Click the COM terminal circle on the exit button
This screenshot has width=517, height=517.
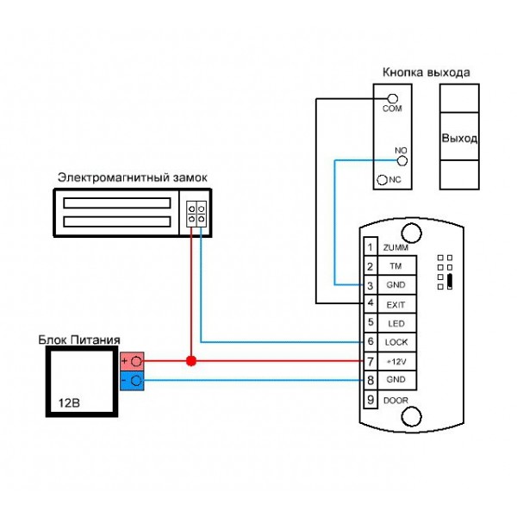tap(392, 98)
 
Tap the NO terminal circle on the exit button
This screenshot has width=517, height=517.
tap(402, 161)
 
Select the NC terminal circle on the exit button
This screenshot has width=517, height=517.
tap(382, 180)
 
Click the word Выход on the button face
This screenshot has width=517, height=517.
tap(459, 138)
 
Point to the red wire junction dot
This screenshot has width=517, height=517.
tap(191, 361)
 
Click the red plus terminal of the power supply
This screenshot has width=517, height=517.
tap(132, 361)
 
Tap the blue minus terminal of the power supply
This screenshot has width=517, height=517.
tap(132, 381)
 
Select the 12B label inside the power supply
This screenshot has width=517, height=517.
tap(69, 403)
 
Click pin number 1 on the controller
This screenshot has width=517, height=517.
tap(371, 247)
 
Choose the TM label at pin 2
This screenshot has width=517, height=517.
tap(396, 265)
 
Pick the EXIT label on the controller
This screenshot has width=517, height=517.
tap(396, 305)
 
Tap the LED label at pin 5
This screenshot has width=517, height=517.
tap(396, 323)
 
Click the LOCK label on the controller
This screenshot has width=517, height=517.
tap(396, 342)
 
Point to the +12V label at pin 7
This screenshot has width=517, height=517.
tap(396, 362)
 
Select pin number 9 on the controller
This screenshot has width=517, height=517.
tap(371, 400)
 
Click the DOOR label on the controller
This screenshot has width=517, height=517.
tap(396, 401)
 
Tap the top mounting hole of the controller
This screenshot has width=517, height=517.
tap(411, 233)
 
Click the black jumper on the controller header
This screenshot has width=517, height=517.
tap(450, 281)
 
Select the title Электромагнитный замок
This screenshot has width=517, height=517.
tap(132, 178)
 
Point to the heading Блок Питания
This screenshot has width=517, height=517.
tap(79, 339)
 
